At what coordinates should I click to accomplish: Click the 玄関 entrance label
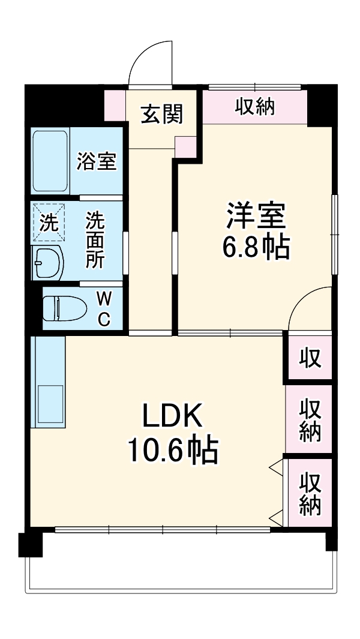click(161, 113)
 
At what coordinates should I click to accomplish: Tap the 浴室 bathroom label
click(97, 161)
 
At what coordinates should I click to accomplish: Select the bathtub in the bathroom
click(50, 161)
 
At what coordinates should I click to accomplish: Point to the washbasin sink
click(49, 262)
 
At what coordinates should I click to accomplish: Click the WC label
click(104, 308)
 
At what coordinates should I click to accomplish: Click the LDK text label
click(173, 416)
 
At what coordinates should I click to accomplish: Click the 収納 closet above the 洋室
click(254, 107)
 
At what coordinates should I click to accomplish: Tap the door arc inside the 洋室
click(309, 309)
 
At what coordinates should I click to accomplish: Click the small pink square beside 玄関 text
click(185, 146)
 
